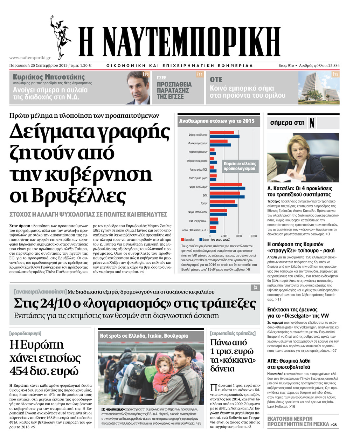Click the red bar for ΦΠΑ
point(224,193)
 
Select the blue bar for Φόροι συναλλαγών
point(227,188)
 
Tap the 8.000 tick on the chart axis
point(239,236)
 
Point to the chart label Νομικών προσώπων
point(198,152)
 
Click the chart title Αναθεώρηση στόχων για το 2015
point(217,121)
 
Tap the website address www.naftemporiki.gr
point(30,58)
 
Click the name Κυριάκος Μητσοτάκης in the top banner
point(49,77)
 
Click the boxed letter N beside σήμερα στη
point(312,123)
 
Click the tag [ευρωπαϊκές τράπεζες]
point(233,333)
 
